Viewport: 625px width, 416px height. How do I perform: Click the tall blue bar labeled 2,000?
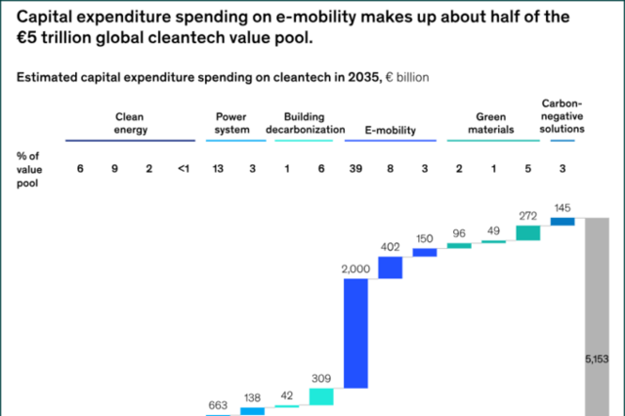click(x=354, y=333)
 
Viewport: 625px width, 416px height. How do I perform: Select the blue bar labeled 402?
click(x=390, y=267)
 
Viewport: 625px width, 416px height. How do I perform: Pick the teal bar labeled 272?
click(x=528, y=232)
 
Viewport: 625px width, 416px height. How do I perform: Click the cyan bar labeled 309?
click(x=321, y=395)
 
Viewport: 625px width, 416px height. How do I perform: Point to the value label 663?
click(x=218, y=405)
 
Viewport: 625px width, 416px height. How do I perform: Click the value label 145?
click(x=562, y=208)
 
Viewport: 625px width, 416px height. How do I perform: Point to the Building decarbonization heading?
click(x=306, y=122)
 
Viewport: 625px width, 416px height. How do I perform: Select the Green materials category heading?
click(x=494, y=122)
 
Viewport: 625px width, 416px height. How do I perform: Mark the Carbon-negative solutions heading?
click(x=562, y=114)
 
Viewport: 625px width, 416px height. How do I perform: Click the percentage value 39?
click(x=355, y=169)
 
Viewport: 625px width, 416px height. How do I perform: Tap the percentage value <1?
click(x=183, y=169)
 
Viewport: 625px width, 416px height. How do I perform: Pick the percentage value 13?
click(x=218, y=169)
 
